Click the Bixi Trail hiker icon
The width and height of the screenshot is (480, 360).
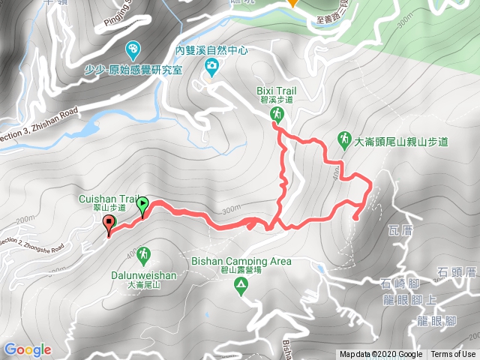277,113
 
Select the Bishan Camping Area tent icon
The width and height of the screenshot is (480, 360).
241,284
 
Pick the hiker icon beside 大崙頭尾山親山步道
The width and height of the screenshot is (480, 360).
344,139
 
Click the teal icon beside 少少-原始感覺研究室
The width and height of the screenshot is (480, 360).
133,49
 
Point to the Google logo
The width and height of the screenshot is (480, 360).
27,349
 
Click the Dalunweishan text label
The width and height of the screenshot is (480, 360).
144,275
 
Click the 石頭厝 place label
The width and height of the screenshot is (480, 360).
457,272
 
